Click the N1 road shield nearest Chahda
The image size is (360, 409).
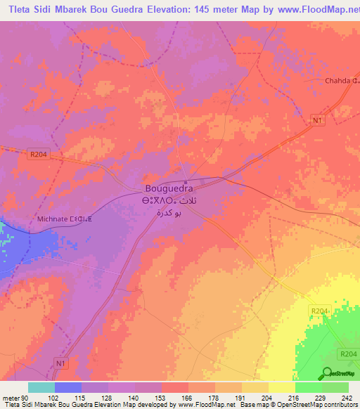tap(319, 120)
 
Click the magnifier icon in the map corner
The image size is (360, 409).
tap(328, 373)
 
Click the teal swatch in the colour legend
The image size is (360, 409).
tap(41, 387)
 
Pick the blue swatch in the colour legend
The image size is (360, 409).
tap(68, 387)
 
